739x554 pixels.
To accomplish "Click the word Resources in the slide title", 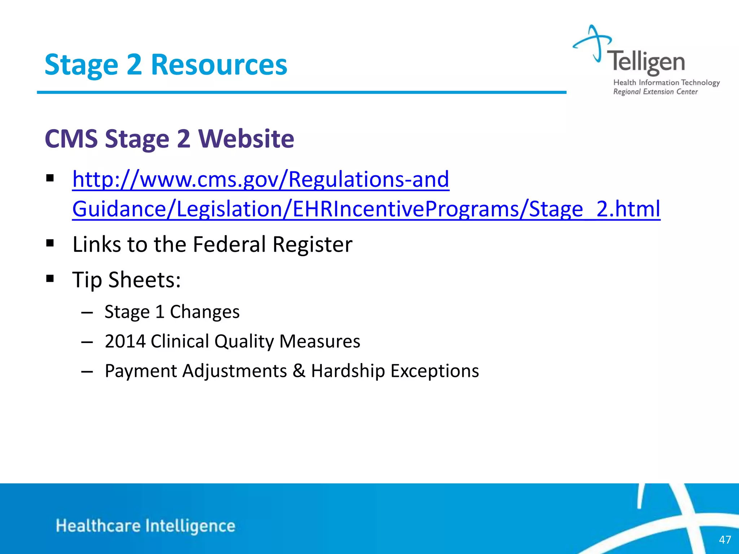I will click(219, 65).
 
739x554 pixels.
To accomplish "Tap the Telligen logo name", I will click(646, 62).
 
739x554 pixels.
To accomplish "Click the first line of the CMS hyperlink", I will click(261, 179).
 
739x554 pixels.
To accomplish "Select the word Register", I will click(312, 245).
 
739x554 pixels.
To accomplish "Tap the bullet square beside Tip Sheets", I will click(50, 278).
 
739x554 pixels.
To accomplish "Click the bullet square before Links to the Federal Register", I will click(50, 243).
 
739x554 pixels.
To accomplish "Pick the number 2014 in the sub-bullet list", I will click(125, 341).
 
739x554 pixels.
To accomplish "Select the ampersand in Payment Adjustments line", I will click(299, 371).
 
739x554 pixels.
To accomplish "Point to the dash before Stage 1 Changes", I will click(87, 312).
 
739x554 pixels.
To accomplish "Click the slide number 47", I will click(725, 540).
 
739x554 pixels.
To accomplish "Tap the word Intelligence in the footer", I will click(190, 526).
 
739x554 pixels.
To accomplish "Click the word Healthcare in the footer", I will click(98, 526).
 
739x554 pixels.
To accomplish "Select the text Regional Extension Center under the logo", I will click(655, 92).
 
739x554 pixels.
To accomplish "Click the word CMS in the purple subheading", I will click(71, 139).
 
